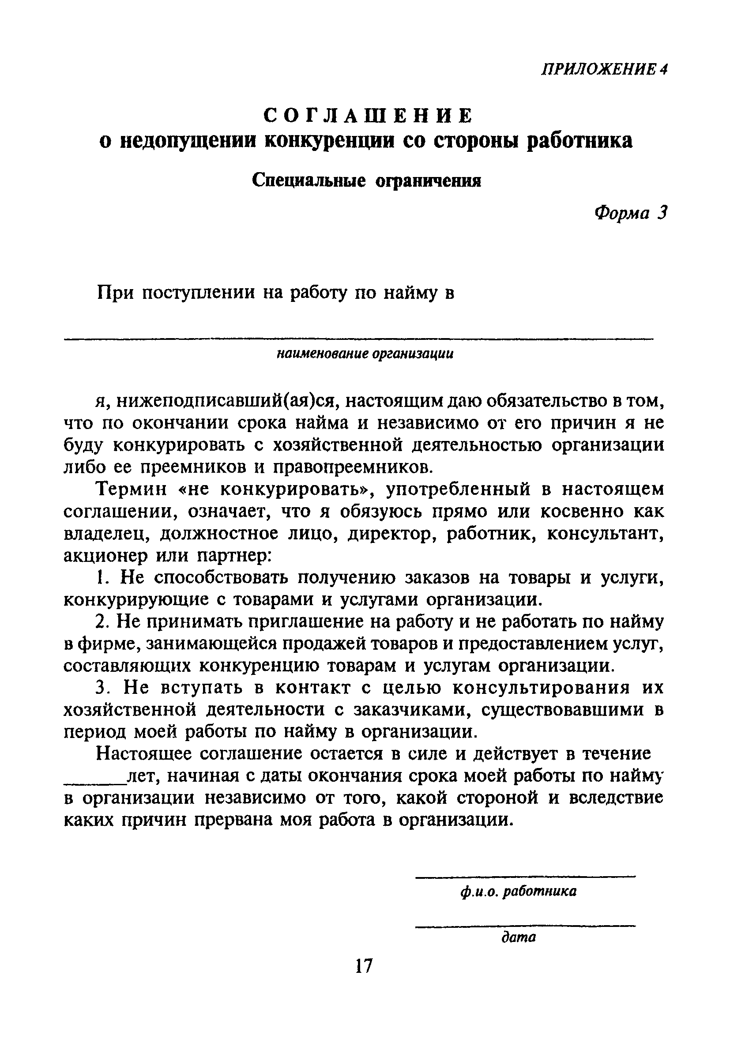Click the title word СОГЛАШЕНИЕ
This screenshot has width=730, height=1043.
coord(369,116)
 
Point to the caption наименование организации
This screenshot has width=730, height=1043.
coord(365,354)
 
